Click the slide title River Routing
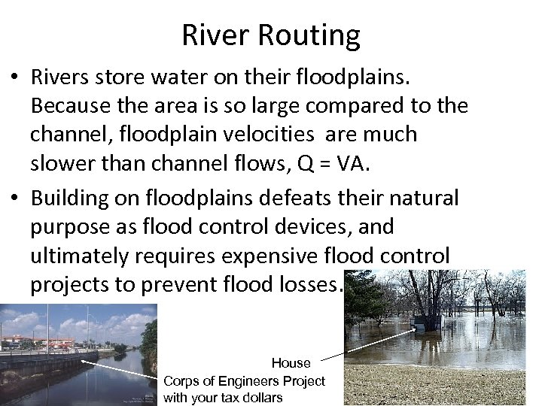[x=271, y=35]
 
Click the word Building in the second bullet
[x=71, y=198]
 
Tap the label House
[x=291, y=363]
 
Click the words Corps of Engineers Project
[x=244, y=380]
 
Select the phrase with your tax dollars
[x=223, y=397]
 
